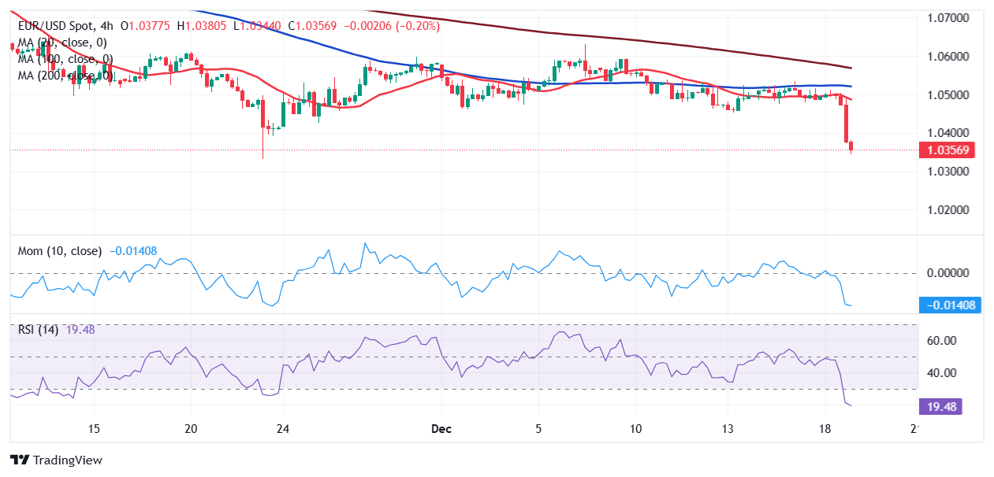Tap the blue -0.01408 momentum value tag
click(x=951, y=305)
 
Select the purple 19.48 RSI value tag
click(x=940, y=406)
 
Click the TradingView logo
click(x=56, y=460)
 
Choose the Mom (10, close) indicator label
click(x=60, y=251)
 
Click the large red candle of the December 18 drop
click(x=846, y=123)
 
